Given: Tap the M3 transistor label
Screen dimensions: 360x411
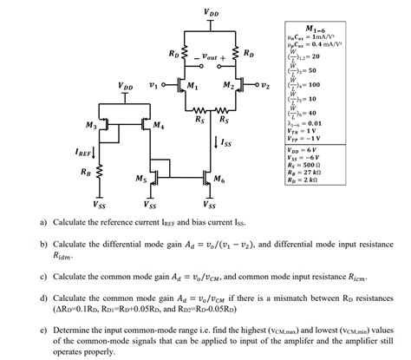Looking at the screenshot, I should [91, 127].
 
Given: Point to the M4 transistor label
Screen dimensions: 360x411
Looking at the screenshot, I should [157, 127].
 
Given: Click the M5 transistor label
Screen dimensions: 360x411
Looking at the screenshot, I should [140, 179].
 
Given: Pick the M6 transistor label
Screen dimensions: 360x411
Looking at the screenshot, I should [220, 179].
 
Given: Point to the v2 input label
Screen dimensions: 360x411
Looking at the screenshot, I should [266, 87].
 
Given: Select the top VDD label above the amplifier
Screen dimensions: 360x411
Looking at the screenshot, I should [212, 12].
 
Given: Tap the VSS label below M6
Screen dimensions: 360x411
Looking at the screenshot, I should [211, 206].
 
